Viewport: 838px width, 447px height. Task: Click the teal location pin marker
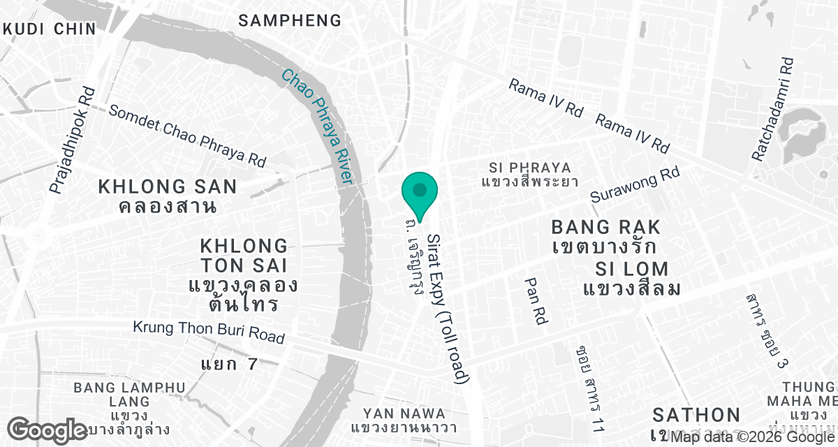pos(420,190)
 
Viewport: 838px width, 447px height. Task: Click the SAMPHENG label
pos(290,20)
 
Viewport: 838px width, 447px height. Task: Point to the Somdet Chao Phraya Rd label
pos(187,136)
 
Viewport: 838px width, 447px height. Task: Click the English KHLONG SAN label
pos(168,186)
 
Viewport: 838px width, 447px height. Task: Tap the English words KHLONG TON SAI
pos(244,256)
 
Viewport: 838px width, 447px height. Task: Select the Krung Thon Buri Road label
pos(209,332)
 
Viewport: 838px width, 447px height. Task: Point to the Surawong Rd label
pos(635,185)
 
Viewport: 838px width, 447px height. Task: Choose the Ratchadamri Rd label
pos(772,110)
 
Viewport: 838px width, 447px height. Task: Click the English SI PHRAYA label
pos(530,168)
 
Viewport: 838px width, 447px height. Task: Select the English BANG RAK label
pos(605,227)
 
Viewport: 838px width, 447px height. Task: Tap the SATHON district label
pos(696,414)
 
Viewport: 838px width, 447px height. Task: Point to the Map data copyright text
pos(751,437)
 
